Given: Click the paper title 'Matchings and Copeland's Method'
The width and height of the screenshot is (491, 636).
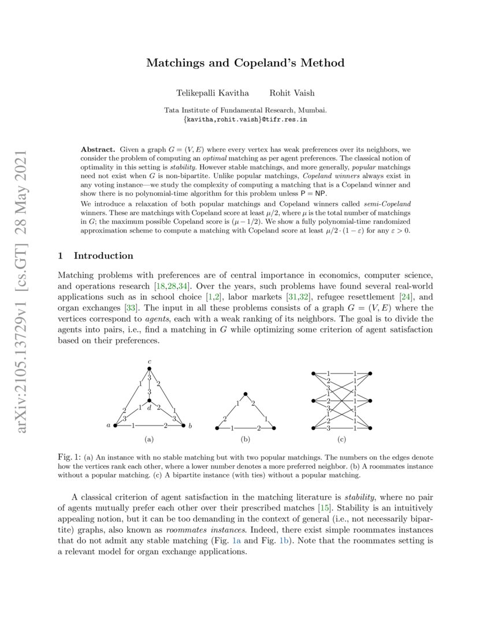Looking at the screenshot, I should pyautogui.click(x=245, y=63).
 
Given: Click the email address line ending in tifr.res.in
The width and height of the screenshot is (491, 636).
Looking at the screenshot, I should pyautogui.click(x=245, y=119).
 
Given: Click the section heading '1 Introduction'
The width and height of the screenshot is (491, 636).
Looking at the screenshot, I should pyautogui.click(x=96, y=256).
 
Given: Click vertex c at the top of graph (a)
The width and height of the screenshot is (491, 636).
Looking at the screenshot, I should pyautogui.click(x=149, y=368).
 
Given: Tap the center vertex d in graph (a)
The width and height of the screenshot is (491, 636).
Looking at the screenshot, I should pyautogui.click(x=149, y=400).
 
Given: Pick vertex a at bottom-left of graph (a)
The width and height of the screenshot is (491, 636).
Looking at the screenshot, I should pyautogui.click(x=115, y=426).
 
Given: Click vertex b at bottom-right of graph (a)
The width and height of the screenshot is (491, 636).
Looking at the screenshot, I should pyautogui.click(x=184, y=426).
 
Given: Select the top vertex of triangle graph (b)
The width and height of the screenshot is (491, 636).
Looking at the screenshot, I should pyautogui.click(x=245, y=393).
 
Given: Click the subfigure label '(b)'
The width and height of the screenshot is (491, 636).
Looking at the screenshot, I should pyautogui.click(x=245, y=439).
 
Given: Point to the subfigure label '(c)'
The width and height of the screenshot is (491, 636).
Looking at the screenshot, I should pyautogui.click(x=342, y=439).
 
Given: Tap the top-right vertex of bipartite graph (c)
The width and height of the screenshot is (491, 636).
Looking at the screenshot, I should pyautogui.click(x=370, y=374).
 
